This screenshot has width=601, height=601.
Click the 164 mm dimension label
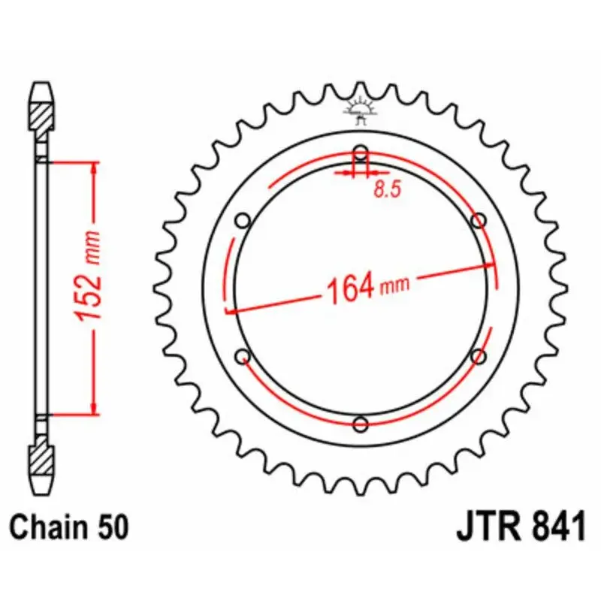[x=366, y=286]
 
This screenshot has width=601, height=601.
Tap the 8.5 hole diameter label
[x=387, y=190]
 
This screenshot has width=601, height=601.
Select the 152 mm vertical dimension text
[x=90, y=287]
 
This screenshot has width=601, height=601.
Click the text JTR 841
[x=520, y=527]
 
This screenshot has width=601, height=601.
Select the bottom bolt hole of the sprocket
[x=361, y=424]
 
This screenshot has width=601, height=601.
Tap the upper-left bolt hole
[x=243, y=221]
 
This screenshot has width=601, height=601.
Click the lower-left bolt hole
[x=243, y=356]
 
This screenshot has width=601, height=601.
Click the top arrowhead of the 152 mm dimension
[x=93, y=168]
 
